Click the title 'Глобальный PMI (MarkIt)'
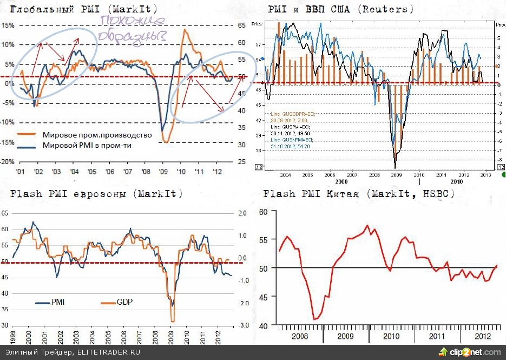point(84,10)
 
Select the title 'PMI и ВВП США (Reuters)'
point(341,10)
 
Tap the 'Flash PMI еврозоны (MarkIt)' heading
point(96,194)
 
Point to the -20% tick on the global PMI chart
point(8,162)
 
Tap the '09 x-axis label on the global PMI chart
point(163,172)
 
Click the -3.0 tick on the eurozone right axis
point(243,325)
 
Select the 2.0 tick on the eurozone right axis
point(243,213)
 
